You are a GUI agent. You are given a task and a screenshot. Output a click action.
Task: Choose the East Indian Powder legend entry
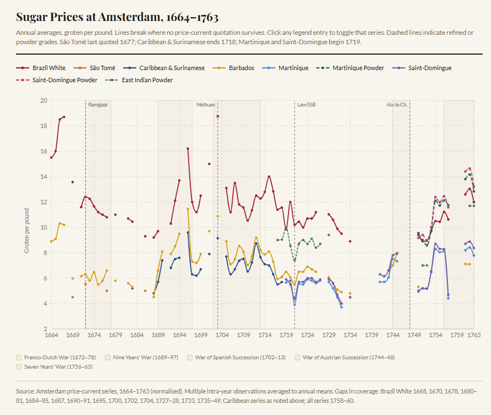point(147,80)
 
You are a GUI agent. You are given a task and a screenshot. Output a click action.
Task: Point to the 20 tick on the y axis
point(44,100)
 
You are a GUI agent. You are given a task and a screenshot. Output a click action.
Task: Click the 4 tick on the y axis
point(45,304)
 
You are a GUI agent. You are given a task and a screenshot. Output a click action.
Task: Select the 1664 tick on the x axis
point(51,335)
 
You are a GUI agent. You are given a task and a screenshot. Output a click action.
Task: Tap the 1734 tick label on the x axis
point(350,335)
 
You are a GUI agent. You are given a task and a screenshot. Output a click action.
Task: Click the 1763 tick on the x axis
point(474,335)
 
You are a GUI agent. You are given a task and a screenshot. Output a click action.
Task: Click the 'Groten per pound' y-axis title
point(26,231)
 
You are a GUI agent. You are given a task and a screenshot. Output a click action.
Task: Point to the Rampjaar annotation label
point(98,104)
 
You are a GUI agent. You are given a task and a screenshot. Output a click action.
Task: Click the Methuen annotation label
point(206,104)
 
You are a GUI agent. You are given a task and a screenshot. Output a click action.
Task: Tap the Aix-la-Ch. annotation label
point(397,104)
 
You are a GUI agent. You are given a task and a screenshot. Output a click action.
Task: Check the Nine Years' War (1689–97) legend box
point(108,357)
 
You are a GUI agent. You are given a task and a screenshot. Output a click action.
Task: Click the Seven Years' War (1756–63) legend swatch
point(20,366)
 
